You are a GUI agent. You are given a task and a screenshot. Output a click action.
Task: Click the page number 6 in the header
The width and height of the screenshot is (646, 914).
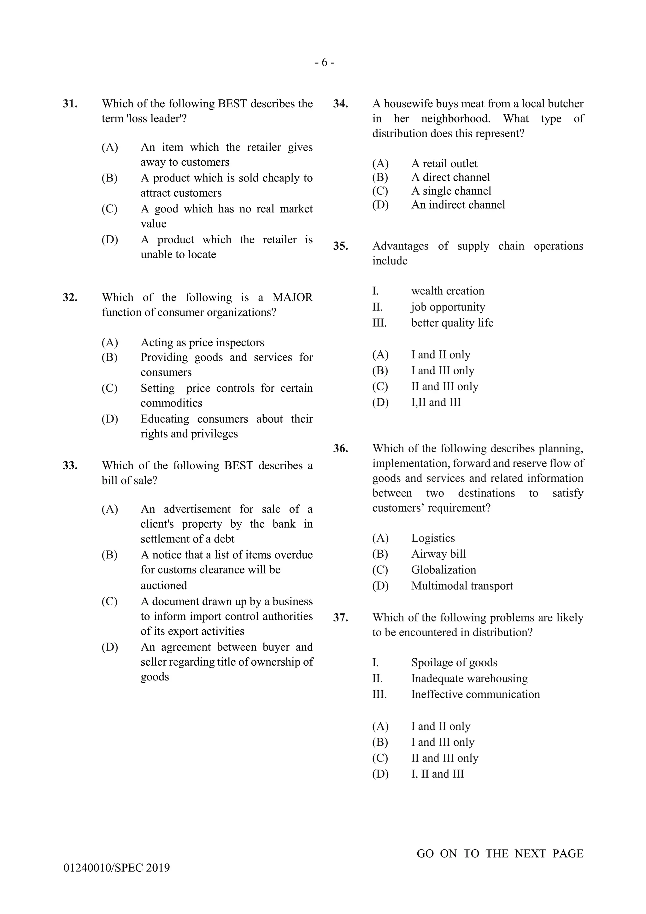324,62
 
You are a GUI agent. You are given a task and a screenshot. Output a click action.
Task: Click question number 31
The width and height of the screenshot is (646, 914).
70,104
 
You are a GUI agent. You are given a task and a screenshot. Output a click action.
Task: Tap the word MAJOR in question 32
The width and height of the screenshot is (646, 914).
292,297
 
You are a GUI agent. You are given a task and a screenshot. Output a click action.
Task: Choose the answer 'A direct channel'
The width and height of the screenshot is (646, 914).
450,177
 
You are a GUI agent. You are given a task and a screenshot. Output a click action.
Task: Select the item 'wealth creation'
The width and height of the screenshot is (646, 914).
448,291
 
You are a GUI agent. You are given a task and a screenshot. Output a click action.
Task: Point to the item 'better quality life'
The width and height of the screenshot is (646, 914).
452,323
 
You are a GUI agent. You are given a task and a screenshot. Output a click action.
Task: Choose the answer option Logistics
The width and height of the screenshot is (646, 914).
433,538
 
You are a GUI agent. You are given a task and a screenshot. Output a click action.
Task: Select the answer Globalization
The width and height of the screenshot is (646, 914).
443,570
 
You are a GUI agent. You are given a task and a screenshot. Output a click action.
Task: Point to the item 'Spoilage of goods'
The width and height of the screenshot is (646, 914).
454,662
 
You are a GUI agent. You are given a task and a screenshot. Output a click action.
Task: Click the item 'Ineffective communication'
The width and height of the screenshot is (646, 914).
475,694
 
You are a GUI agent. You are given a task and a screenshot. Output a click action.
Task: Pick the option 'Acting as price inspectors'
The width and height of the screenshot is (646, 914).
202,342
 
